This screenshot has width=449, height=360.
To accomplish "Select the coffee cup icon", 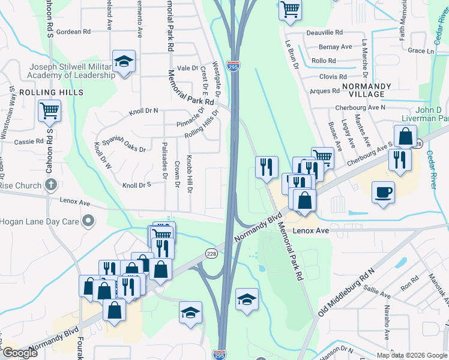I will tap(384, 193).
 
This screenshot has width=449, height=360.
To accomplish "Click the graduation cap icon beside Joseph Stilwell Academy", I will tap(124, 61).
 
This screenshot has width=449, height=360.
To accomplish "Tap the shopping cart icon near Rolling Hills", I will tap(49, 110).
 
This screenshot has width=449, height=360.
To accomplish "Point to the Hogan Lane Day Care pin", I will tap(89, 221).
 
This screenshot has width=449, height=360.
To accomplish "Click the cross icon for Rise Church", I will tap(52, 184).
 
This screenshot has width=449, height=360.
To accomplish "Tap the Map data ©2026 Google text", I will tap(411, 355).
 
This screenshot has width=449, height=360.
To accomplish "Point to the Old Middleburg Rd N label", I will tap(345, 293).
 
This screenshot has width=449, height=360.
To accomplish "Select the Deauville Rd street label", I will tap(324, 32).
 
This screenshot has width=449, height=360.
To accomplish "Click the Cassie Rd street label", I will tap(29, 142).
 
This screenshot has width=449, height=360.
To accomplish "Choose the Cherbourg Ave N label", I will tap(360, 107).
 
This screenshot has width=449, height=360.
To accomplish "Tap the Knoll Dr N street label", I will tap(143, 111).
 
